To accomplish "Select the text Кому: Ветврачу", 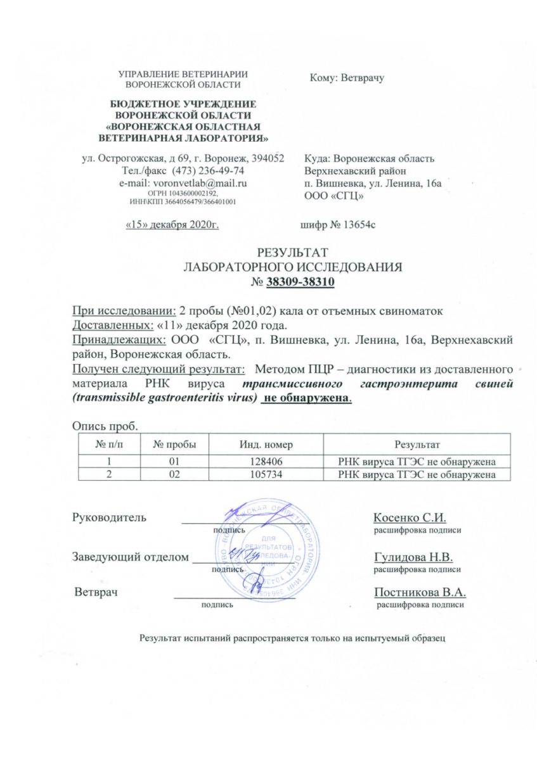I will point(348,78).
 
